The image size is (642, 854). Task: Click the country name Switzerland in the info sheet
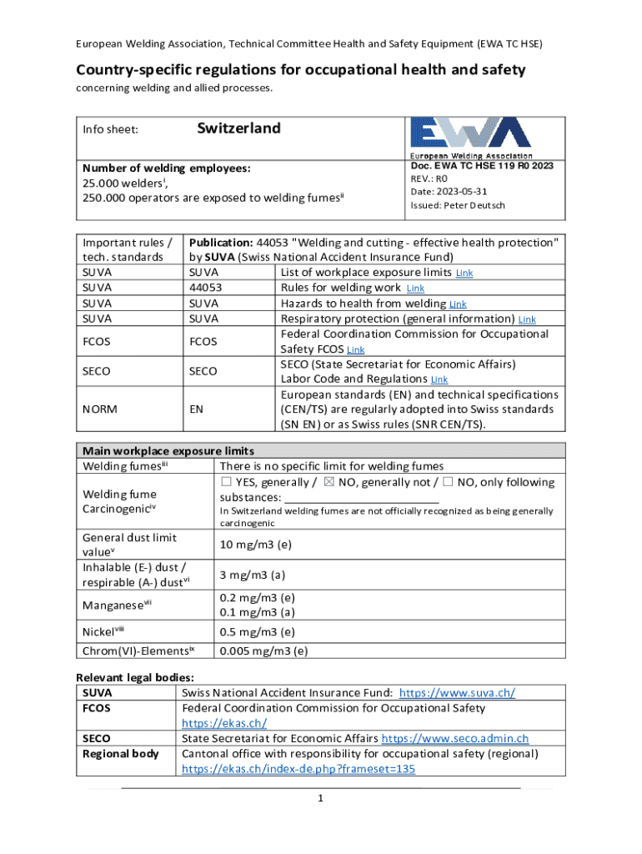tap(238, 128)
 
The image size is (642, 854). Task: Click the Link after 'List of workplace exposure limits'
tap(464, 274)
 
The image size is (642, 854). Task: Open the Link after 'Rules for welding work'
tap(415, 289)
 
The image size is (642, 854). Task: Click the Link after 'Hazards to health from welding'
tap(458, 304)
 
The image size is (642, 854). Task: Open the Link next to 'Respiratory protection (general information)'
tap(527, 319)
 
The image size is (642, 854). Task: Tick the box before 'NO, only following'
tap(449, 482)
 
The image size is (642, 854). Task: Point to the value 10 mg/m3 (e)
tap(254, 545)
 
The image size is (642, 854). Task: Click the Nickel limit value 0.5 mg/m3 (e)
tap(256, 631)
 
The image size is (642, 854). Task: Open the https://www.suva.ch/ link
tap(457, 693)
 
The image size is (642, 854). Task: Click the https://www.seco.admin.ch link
tap(456, 738)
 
